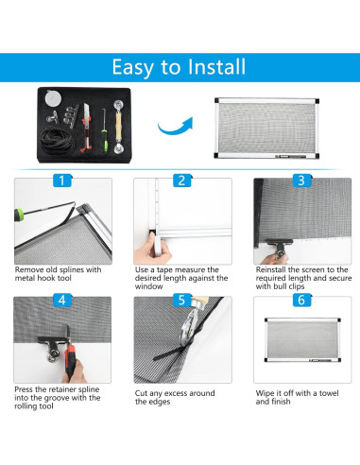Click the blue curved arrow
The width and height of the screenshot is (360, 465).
[175, 127]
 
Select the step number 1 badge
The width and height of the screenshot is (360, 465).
[62, 181]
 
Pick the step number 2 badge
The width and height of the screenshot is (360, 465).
[181, 181]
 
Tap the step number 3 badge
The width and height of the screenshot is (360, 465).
[301, 181]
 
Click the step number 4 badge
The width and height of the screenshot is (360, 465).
[62, 300]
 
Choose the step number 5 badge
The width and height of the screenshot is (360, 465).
[181, 300]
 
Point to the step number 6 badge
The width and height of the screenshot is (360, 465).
[301, 300]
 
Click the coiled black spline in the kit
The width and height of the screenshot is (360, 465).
[58, 140]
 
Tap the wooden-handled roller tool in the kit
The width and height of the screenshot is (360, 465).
[119, 127]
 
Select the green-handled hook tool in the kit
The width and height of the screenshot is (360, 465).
[105, 130]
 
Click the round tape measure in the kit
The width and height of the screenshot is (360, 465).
[53, 98]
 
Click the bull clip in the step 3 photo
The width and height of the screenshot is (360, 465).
[279, 248]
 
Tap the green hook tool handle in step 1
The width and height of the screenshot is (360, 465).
[19, 215]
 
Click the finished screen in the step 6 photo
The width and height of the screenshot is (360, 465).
[302, 340]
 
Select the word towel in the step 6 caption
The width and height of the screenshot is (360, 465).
[329, 393]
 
